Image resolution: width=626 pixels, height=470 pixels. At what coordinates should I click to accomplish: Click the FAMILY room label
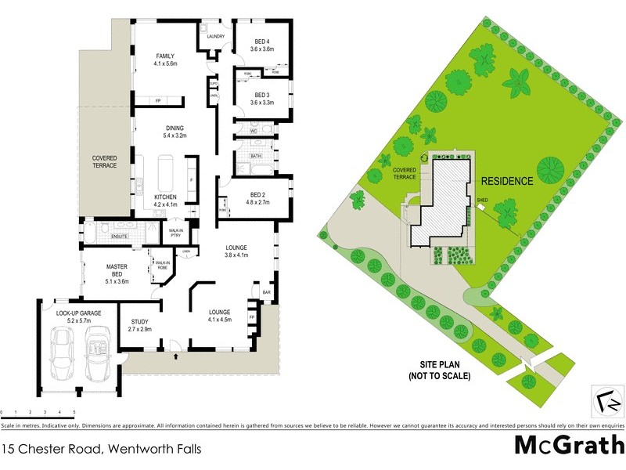[x=164, y=56]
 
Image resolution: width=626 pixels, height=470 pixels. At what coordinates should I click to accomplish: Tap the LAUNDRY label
[x=215, y=37]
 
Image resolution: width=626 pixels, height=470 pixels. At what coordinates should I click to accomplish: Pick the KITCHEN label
[x=165, y=196]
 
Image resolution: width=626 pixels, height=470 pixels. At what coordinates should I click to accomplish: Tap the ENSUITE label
[x=120, y=235]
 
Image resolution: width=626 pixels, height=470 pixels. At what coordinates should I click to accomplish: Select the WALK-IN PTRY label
[x=177, y=233]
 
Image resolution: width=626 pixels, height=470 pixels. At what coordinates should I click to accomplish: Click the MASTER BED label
[x=117, y=270]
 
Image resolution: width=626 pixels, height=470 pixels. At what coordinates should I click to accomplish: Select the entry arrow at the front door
[x=175, y=356]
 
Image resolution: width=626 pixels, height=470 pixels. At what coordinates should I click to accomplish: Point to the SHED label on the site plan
[x=483, y=200]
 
